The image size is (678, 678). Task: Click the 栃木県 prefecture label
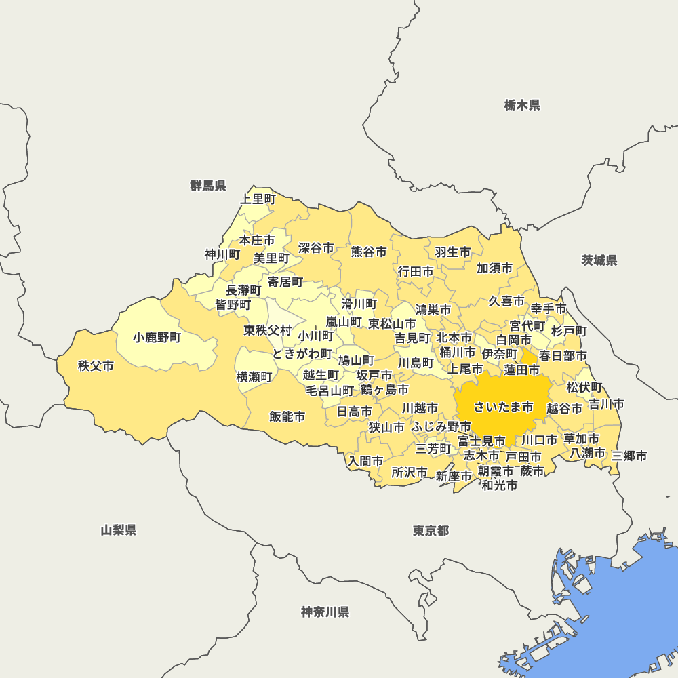pos(522,105)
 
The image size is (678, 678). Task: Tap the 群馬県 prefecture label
pos(208,186)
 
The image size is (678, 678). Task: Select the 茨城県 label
pos(599,260)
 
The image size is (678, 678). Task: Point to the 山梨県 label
pos(119,530)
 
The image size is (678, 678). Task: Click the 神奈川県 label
pos(325,612)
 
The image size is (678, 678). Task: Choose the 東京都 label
pos(431,530)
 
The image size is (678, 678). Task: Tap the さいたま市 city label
pos(503,407)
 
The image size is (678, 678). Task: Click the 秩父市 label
pos(96,366)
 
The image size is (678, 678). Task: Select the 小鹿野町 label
pos(157,337)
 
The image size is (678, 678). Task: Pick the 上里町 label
pos(258,199)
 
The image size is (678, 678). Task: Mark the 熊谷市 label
pos(369,252)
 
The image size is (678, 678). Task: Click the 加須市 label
pos(494,268)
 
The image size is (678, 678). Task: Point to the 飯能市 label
pos(287,416)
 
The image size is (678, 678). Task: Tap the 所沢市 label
pos(410,472)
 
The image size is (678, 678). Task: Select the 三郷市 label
pos(629,456)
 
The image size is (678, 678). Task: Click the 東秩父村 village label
pos(267,331)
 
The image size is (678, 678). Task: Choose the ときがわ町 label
pos(302,354)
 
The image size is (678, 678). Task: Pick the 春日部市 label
pos(563,355)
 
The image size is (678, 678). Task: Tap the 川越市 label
pos(420,408)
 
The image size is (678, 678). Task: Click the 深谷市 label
pos(316,248)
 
